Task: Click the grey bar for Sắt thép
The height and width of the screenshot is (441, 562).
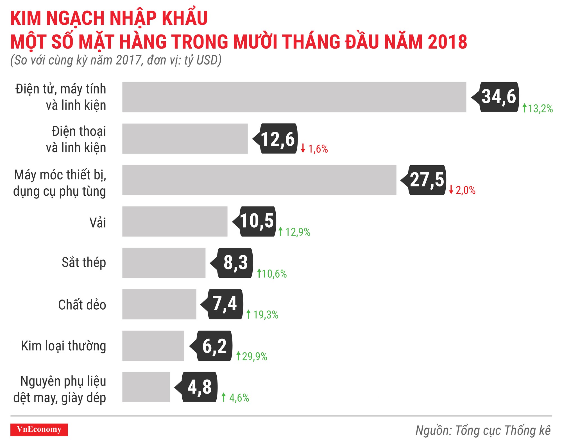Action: pyautogui.click(x=164, y=263)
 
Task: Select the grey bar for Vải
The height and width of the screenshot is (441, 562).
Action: pyautogui.click(x=175, y=221)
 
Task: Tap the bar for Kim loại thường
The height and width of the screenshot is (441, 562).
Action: pyautogui.click(x=153, y=346)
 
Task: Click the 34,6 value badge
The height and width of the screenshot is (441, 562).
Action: pyautogui.click(x=498, y=97)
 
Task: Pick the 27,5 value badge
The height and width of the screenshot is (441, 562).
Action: pyautogui.click(x=427, y=180)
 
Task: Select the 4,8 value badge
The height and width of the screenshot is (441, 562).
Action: pyautogui.click(x=199, y=387)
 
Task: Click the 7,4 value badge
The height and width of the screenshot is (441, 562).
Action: pyautogui.click(x=225, y=304)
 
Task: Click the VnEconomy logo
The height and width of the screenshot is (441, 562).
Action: pyautogui.click(x=39, y=429)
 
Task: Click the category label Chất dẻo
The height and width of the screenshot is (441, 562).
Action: pyautogui.click(x=82, y=305)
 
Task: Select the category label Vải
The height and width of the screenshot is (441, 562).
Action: pyautogui.click(x=98, y=223)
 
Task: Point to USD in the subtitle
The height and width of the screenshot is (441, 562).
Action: pyautogui.click(x=207, y=60)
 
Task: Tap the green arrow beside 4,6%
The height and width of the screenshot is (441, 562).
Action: pyautogui.click(x=224, y=397)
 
